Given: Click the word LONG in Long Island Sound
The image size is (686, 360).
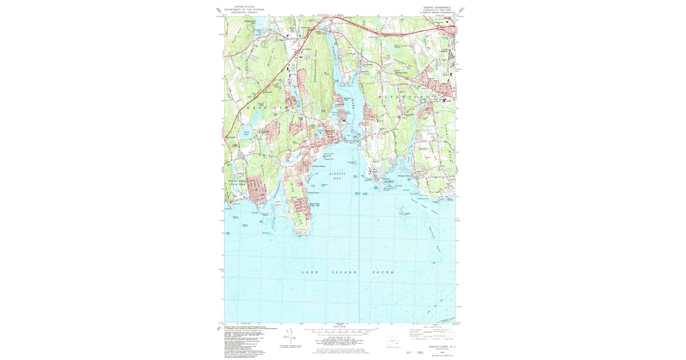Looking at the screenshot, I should [x=307, y=273].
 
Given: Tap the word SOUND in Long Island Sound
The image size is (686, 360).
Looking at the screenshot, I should [x=384, y=273].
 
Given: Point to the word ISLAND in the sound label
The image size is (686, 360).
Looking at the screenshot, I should [x=345, y=273].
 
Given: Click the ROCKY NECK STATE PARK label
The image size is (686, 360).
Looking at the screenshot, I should [x=233, y=183].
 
